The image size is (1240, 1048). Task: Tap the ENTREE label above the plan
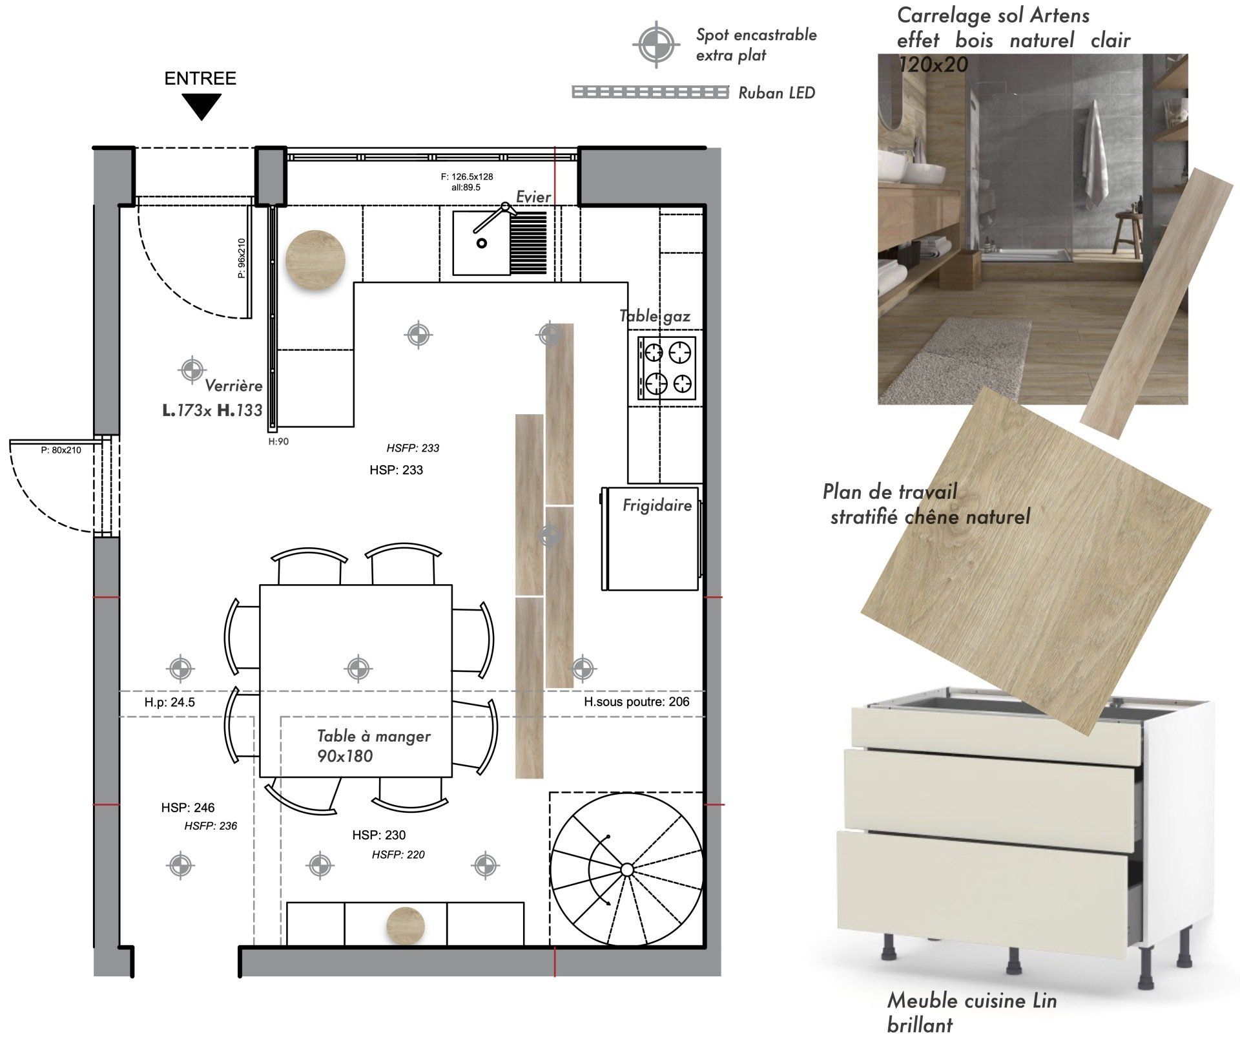pos(200,79)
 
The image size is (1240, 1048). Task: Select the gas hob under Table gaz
pos(667,368)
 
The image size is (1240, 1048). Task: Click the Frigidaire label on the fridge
pos(657,505)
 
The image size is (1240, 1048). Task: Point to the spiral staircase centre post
pos(626,870)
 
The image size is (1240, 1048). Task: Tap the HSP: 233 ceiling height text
pos(396,470)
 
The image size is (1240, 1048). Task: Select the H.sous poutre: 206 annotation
pos(636,702)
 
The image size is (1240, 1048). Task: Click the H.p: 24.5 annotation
pos(170,702)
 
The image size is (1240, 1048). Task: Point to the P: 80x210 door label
pos(61,450)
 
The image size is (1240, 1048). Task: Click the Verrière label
pos(234,386)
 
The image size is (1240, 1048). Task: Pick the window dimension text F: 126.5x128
pos(467,176)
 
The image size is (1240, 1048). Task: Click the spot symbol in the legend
pos(656,45)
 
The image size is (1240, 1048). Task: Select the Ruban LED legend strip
pos(650,92)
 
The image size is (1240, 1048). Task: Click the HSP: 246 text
pos(188,808)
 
